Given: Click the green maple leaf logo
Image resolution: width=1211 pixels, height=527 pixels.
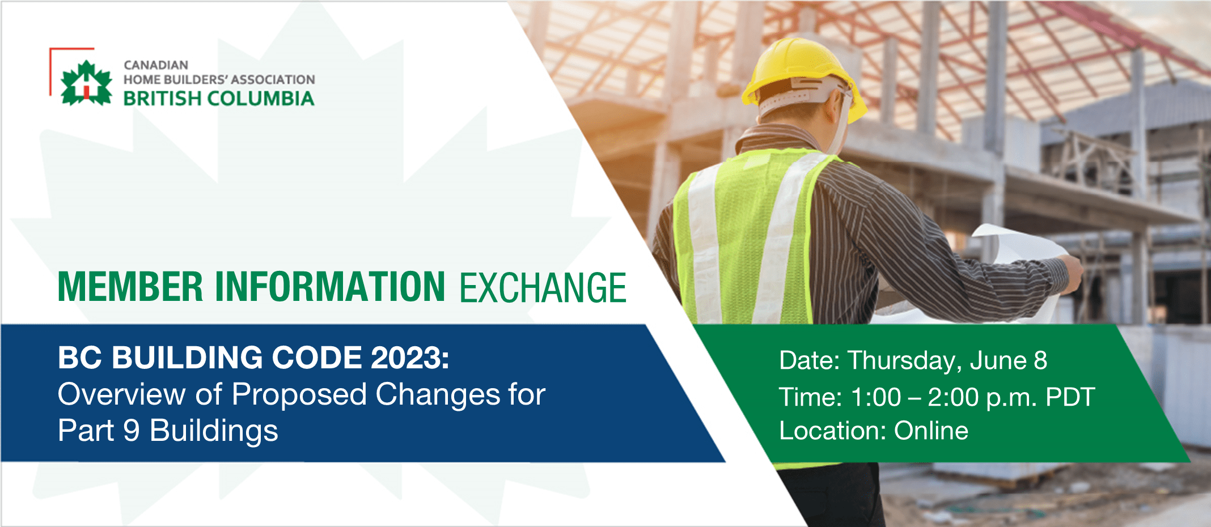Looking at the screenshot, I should coord(86,84).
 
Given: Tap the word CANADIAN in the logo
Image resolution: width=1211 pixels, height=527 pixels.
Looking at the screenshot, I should coord(156,65).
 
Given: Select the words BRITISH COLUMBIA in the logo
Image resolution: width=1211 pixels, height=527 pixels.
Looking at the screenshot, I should coord(219,99).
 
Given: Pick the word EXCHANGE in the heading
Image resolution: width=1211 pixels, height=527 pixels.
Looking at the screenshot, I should coord(543,288).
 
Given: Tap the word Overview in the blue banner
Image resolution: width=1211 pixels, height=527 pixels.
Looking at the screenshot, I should coord(121,394).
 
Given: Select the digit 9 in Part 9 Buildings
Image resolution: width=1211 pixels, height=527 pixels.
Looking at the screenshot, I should coord(131,431).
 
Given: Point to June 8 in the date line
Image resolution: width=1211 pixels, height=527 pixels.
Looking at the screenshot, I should coord(1009,360).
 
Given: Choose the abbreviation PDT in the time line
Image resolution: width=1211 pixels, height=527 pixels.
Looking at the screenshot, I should coord(1070,397).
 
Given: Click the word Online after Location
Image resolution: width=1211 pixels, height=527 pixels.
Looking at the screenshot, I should coord(931,431).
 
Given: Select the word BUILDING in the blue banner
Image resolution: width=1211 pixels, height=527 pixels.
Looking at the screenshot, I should coord(187,358).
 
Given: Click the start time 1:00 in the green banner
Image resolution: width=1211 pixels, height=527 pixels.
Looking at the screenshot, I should coord(876,397).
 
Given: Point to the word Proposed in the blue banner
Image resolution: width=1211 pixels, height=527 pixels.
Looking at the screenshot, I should coord(299,394).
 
